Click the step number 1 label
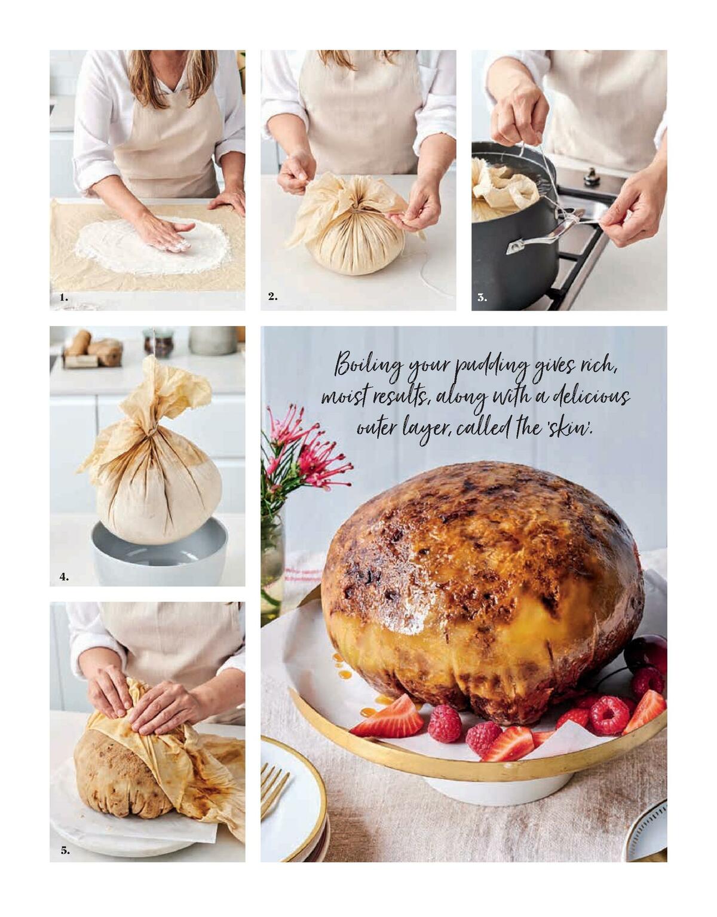63,297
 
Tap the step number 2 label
272,296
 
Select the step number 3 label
482,298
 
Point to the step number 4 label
64,576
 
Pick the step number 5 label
65,851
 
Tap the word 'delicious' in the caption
591,395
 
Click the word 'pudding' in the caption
491,366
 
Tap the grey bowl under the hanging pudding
159,556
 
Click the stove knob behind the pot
592,176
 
